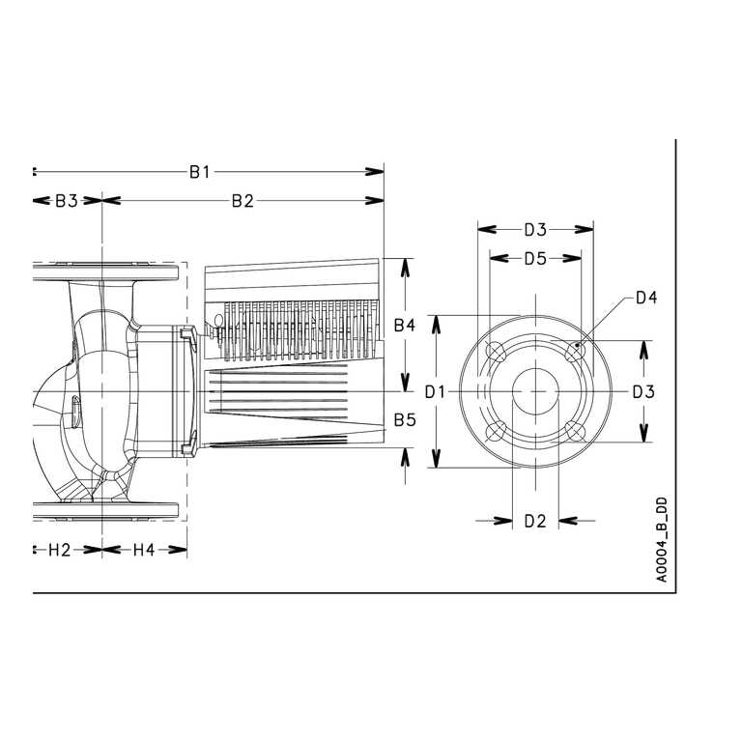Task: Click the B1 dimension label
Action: (x=199, y=172)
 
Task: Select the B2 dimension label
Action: (x=243, y=201)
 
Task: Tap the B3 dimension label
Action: (x=67, y=201)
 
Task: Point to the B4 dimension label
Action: (x=405, y=326)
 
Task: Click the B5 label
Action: (x=405, y=419)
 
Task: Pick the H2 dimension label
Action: (x=60, y=550)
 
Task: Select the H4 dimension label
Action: (x=144, y=550)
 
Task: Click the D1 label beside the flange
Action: (x=436, y=392)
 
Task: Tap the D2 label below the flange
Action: (x=535, y=521)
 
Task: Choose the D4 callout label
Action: (x=646, y=298)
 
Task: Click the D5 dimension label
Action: (x=535, y=259)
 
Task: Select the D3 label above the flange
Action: (x=535, y=230)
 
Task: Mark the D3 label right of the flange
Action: (x=643, y=392)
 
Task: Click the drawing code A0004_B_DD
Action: (x=662, y=539)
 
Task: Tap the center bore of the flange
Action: (x=535, y=392)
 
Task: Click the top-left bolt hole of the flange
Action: (x=497, y=352)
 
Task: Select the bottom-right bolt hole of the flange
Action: (x=576, y=432)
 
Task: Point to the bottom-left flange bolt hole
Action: (x=497, y=432)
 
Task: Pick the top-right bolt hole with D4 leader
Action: (x=576, y=351)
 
